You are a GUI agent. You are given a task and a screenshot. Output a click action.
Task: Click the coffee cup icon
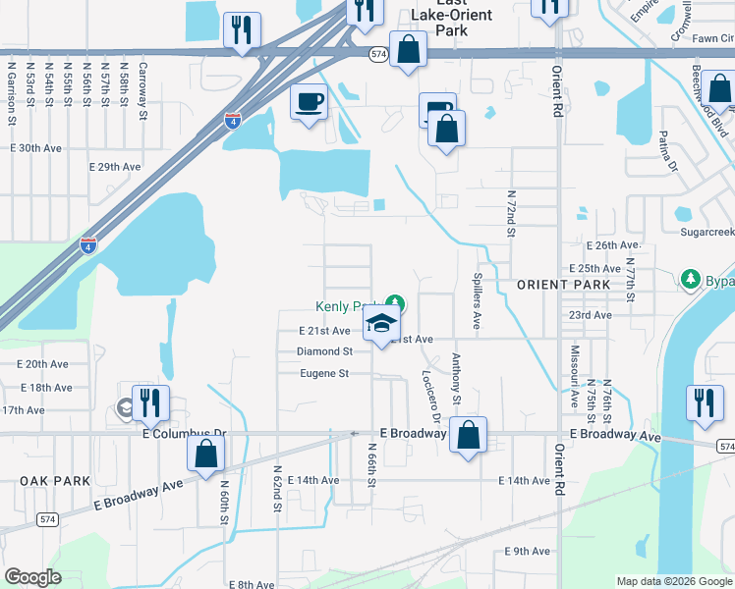(309, 102)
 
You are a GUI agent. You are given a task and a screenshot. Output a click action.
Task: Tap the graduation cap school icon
(380, 325)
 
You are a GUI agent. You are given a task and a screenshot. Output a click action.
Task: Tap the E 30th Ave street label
(35, 147)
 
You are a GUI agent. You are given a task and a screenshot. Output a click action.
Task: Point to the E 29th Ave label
(115, 167)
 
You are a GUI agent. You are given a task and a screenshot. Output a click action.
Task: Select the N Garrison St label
(13, 85)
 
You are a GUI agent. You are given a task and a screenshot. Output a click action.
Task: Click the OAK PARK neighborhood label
(55, 481)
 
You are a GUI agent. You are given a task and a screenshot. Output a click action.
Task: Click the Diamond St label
(324, 351)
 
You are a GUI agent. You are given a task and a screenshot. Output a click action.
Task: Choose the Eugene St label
(324, 373)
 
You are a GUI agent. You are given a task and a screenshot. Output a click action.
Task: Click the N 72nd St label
(512, 215)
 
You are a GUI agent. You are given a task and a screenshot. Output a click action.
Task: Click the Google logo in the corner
(33, 577)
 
